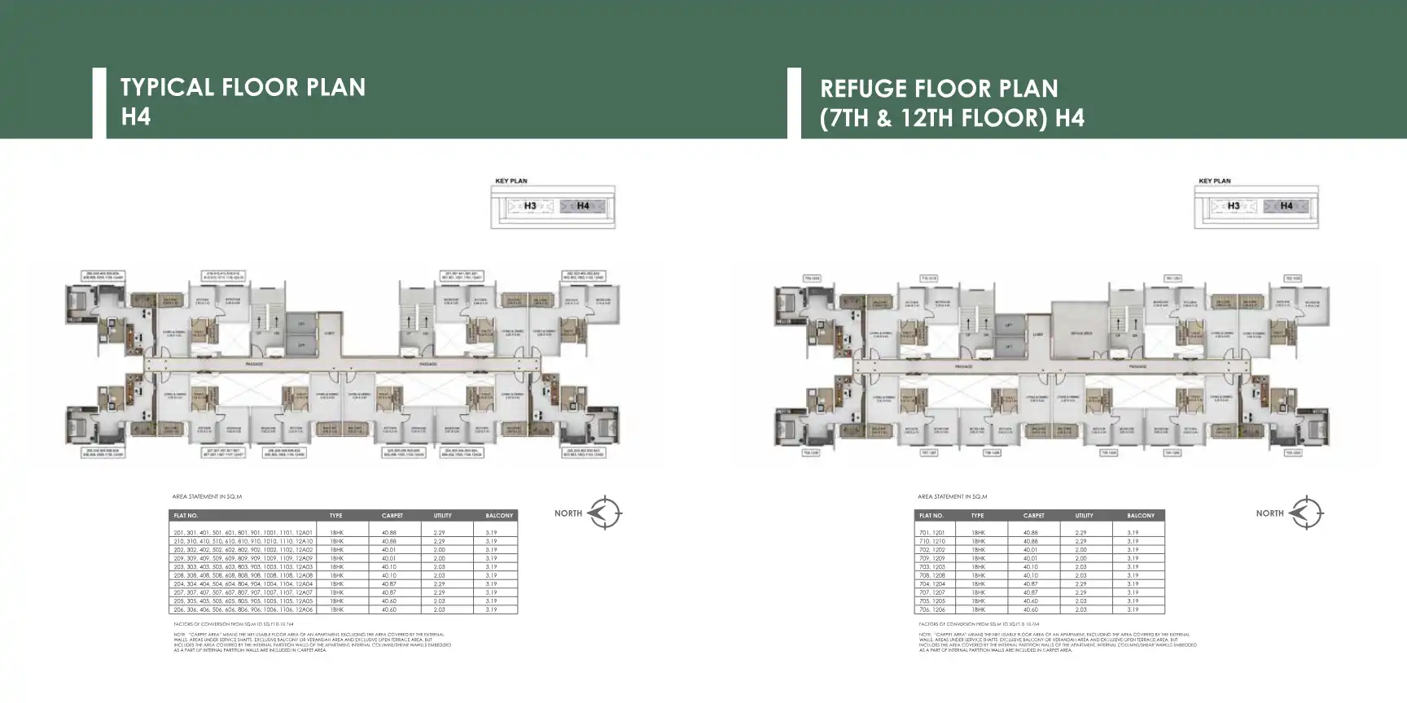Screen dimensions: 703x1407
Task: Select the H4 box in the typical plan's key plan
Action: coord(583,206)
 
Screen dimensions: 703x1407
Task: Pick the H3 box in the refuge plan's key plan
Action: coord(1234,206)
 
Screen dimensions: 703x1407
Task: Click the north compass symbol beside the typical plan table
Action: coord(604,513)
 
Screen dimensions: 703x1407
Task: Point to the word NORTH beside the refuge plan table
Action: coord(1269,513)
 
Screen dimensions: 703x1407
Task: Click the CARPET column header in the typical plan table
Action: coord(392,516)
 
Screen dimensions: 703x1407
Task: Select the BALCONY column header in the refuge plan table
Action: coord(1141,516)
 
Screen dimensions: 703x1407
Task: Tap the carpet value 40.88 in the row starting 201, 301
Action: coord(388,532)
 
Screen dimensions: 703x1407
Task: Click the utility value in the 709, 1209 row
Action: coord(1080,558)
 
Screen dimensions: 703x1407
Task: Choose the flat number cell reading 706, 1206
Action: coord(932,609)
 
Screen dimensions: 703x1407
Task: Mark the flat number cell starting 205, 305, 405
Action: coord(243,601)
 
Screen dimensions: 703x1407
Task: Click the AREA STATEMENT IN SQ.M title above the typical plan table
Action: coord(207,496)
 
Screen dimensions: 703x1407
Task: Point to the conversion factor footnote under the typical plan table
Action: coord(230,624)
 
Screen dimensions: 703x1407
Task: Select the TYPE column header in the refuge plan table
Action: coord(978,516)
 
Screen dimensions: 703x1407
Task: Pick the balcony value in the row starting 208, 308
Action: coord(491,575)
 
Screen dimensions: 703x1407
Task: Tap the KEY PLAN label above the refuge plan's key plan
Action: coord(1214,181)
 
